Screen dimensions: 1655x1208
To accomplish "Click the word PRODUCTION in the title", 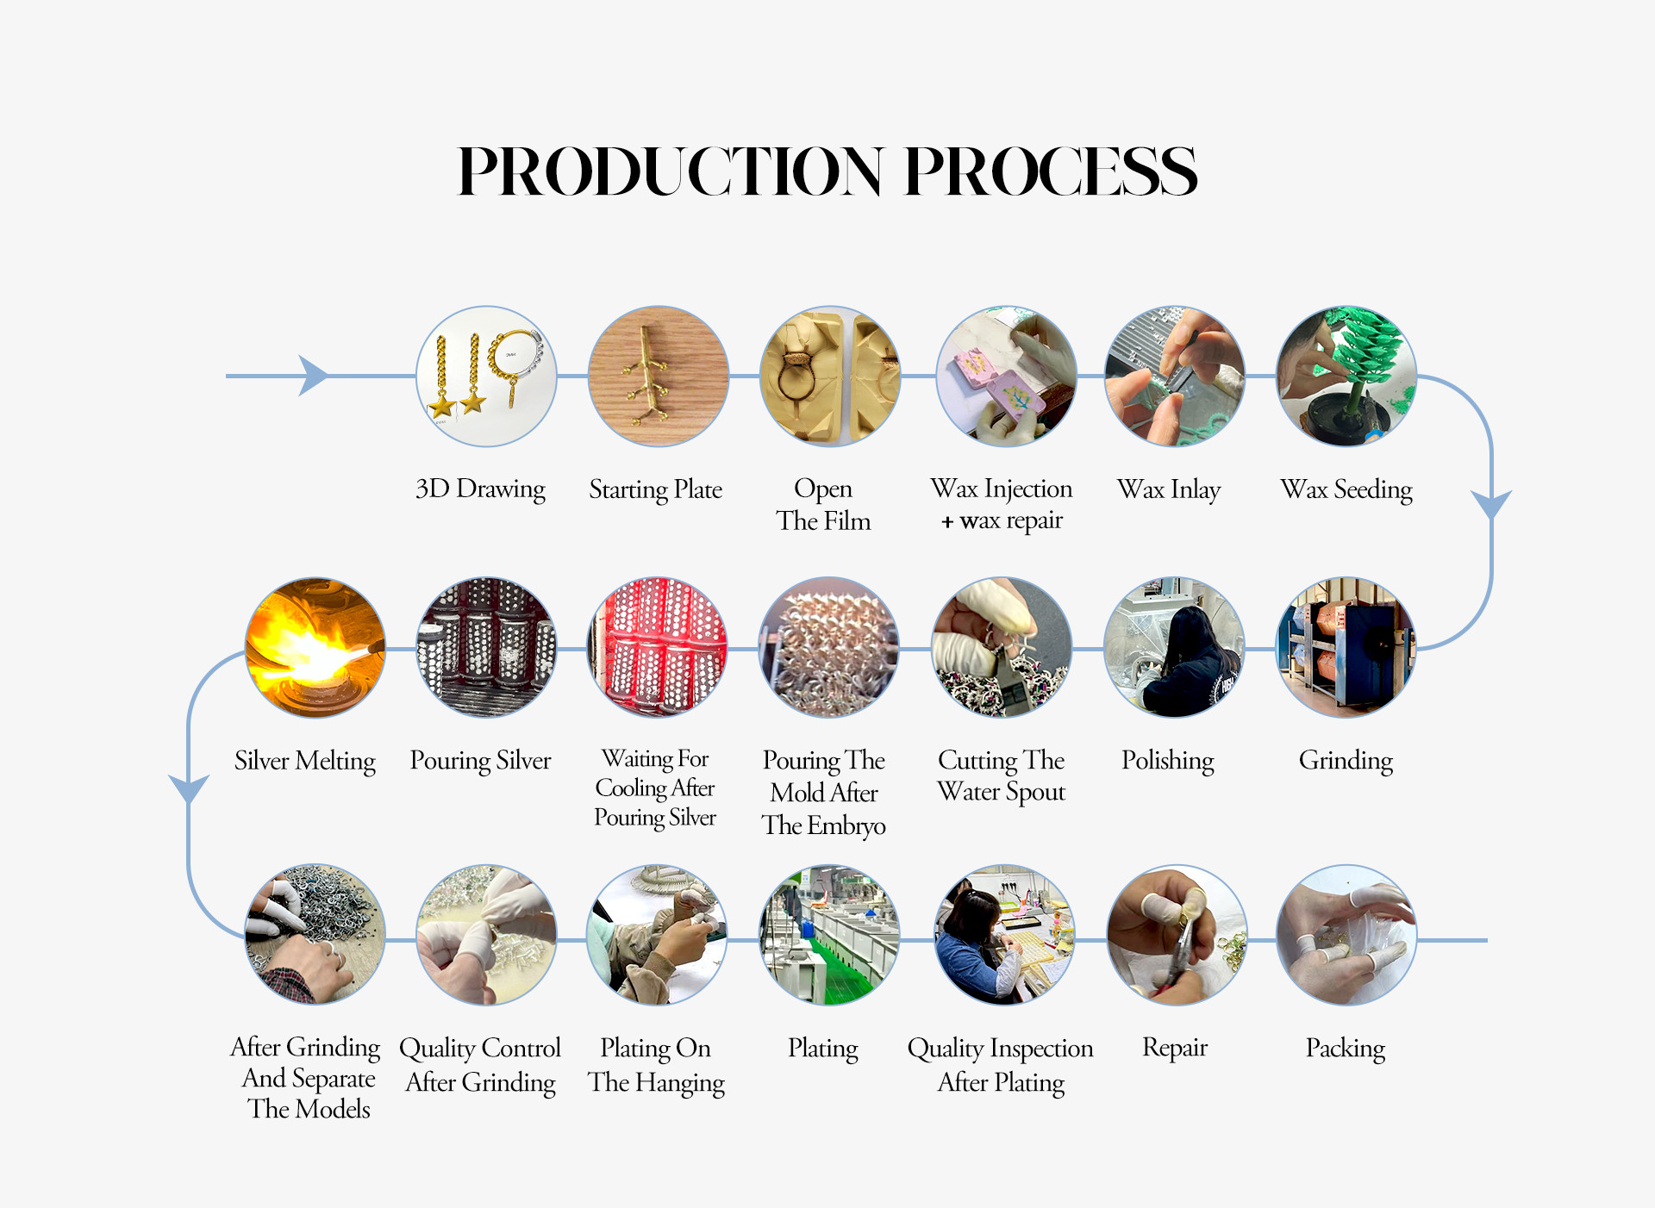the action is coord(670,171).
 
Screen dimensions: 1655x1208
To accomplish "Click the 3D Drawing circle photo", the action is coord(486,377).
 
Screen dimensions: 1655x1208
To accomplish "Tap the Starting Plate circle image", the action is coord(659,377).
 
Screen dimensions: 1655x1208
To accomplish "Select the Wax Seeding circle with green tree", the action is coord(1346,377).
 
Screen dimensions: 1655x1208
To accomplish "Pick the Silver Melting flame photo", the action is coord(315,647).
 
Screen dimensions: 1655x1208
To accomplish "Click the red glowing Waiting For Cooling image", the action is coord(658,647).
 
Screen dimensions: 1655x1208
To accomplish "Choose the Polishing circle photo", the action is coord(1174,647).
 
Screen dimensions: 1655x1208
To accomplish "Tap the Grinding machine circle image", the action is coord(1346,647).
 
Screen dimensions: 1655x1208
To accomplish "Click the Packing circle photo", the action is coord(1346,935).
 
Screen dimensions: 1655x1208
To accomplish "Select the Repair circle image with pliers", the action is coord(1177,935).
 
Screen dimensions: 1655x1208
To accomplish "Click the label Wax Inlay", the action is coord(1169,489).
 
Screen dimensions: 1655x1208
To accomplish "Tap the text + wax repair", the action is coord(1002,521).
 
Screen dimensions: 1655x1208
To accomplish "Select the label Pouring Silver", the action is coord(480,760).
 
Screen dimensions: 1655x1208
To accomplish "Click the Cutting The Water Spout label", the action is coord(1002,775).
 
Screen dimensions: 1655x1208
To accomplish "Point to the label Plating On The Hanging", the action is coord(656,1065).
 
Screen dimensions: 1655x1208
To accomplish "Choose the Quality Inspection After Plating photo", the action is coord(1005,935).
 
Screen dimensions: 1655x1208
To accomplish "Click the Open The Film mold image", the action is coord(830,377).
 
